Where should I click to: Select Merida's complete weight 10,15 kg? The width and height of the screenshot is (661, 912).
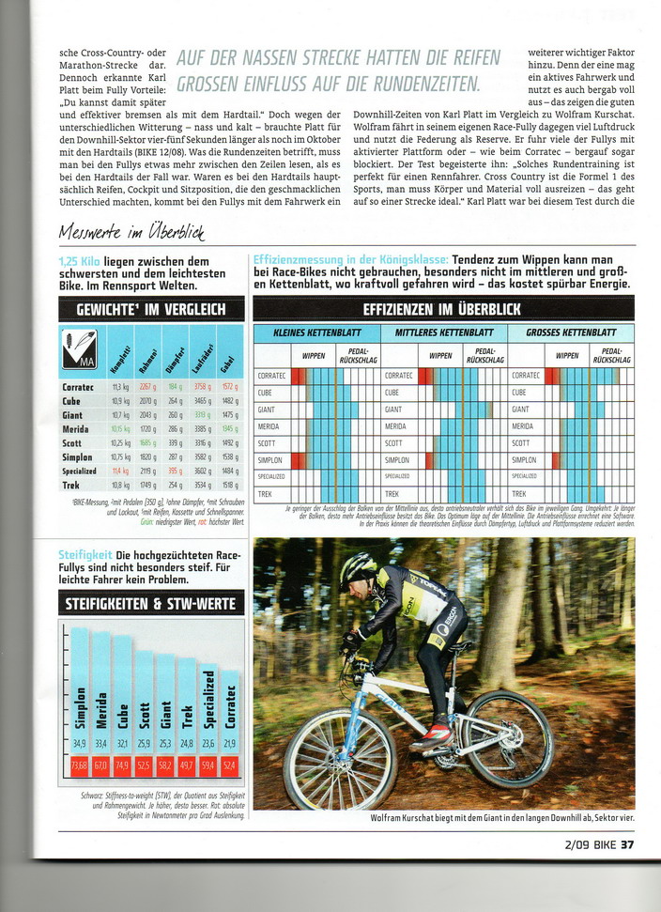(120, 428)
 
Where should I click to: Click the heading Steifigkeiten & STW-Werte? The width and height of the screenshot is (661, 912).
(151, 603)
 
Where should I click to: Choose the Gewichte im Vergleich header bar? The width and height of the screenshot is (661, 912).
(151, 309)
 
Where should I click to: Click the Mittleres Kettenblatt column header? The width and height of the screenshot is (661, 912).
(443, 332)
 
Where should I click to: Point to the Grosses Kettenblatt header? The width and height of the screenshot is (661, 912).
(571, 332)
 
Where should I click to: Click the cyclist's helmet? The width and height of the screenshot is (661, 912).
(358, 567)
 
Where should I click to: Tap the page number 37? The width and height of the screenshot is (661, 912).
(628, 843)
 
